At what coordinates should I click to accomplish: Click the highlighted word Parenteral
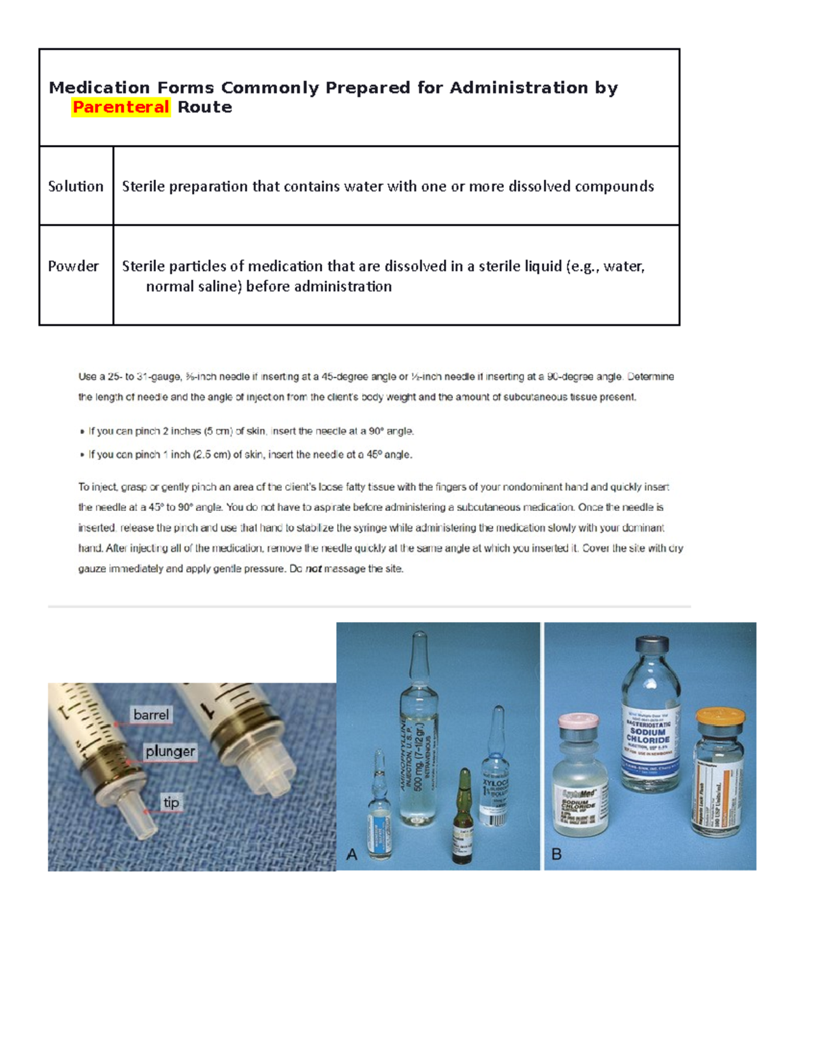(x=121, y=107)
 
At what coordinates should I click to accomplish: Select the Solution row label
(x=76, y=186)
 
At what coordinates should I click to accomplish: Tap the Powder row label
(x=73, y=266)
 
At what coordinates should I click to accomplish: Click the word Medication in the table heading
(x=99, y=88)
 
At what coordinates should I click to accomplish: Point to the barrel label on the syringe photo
(x=150, y=715)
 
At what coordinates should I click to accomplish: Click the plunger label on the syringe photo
(x=170, y=751)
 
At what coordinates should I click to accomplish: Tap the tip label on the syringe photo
(x=171, y=803)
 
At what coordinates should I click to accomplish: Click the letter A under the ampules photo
(x=351, y=854)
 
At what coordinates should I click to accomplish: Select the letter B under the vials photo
(x=556, y=854)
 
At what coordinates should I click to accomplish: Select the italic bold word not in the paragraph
(x=313, y=569)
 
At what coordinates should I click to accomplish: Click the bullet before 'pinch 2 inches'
(x=82, y=432)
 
